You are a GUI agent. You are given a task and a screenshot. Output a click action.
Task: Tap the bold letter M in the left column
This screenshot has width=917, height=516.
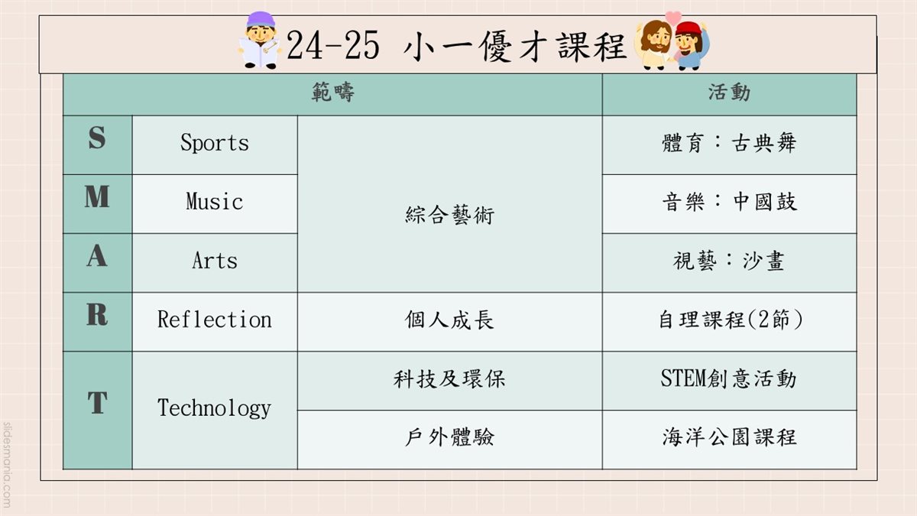click(97, 196)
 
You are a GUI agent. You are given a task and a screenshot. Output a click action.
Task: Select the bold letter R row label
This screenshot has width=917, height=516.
click(97, 314)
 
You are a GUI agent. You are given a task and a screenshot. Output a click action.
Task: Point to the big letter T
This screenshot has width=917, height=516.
click(98, 402)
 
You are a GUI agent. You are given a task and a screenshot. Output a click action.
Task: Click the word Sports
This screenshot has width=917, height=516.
click(215, 144)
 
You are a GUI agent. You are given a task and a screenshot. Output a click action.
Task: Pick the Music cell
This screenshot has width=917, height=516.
click(215, 202)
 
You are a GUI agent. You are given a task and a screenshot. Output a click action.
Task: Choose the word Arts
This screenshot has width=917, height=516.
click(215, 261)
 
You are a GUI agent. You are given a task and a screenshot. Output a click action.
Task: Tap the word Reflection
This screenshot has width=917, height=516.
click(215, 320)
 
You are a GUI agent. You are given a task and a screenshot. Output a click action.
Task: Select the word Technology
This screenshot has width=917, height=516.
click(215, 408)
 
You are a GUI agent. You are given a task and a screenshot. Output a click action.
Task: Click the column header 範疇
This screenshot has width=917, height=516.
click(332, 92)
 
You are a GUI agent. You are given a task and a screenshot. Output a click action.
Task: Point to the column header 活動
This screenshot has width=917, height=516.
click(729, 92)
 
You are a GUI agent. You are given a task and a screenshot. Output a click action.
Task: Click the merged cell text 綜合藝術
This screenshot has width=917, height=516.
click(449, 215)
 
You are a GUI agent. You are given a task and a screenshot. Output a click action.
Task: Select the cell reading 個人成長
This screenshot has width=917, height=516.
click(449, 320)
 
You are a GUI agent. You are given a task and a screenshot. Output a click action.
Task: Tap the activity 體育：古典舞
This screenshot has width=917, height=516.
click(729, 144)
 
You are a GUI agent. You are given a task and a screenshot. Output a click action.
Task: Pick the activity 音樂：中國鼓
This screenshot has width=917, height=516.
click(730, 202)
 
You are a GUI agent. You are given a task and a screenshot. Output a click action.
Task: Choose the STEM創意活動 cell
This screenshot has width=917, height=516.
click(729, 378)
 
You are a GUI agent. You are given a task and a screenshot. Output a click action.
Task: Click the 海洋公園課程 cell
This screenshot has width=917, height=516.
click(730, 437)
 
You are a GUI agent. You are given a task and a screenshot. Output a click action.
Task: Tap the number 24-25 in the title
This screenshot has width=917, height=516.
click(333, 45)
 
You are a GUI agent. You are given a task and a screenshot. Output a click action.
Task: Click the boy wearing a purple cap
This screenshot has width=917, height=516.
click(260, 40)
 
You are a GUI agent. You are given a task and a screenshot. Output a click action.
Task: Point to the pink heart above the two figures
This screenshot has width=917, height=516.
click(673, 17)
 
